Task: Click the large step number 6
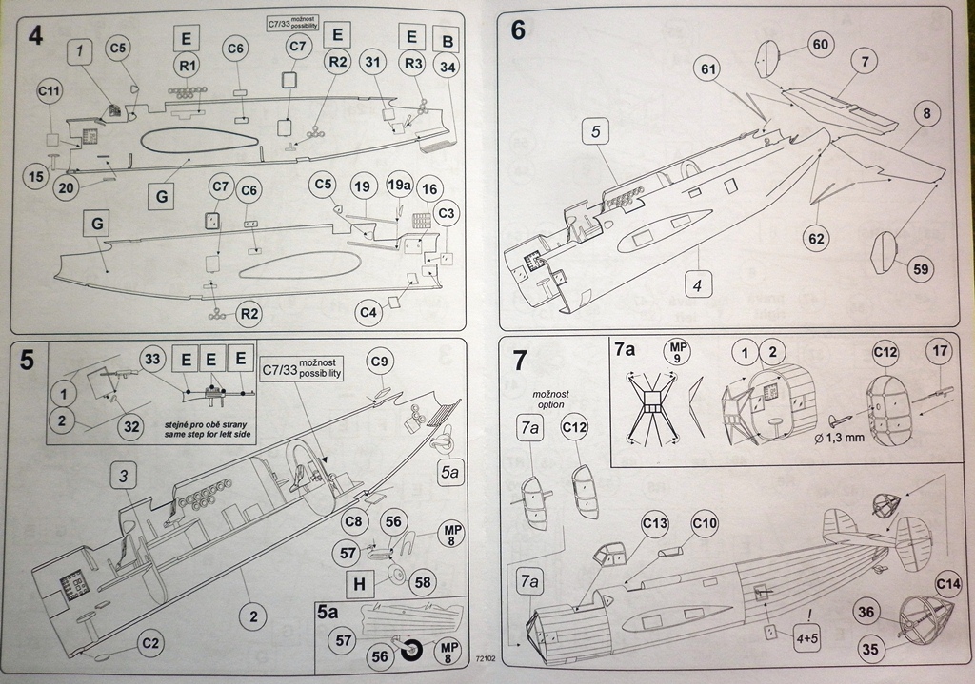click(x=518, y=30)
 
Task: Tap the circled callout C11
click(x=50, y=92)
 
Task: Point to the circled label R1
click(x=187, y=65)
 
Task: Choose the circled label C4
click(x=368, y=311)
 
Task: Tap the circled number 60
click(x=821, y=44)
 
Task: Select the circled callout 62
click(x=815, y=237)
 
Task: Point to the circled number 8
click(x=924, y=115)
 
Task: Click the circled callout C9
click(x=380, y=362)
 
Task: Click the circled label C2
click(x=149, y=643)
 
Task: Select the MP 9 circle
click(x=678, y=351)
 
